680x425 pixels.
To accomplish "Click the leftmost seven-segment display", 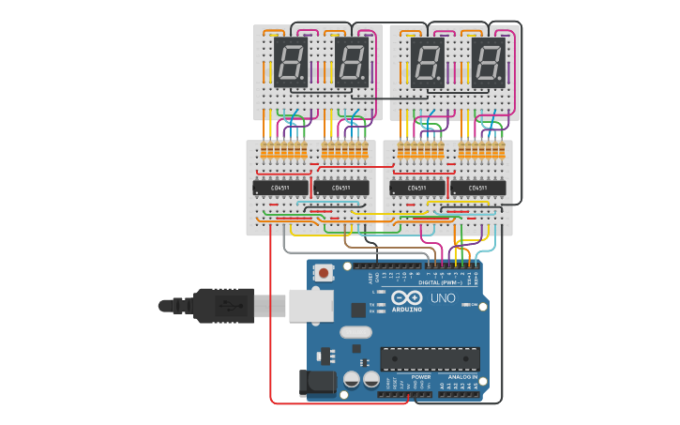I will [292, 63].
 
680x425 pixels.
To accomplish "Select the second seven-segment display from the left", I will [352, 63].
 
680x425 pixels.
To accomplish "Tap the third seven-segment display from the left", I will [428, 63].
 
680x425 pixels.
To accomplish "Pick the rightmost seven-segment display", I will [488, 63].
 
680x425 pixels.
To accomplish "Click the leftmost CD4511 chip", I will [280, 188].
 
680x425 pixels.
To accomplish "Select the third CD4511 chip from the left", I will [417, 188].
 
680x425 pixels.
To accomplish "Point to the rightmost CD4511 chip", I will [478, 188].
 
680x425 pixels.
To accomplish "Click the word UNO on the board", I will [443, 298].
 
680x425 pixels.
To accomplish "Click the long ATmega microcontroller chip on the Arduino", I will [430, 357].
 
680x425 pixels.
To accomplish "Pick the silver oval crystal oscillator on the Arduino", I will [355, 332].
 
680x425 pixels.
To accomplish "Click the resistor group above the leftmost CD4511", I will [282, 151].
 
